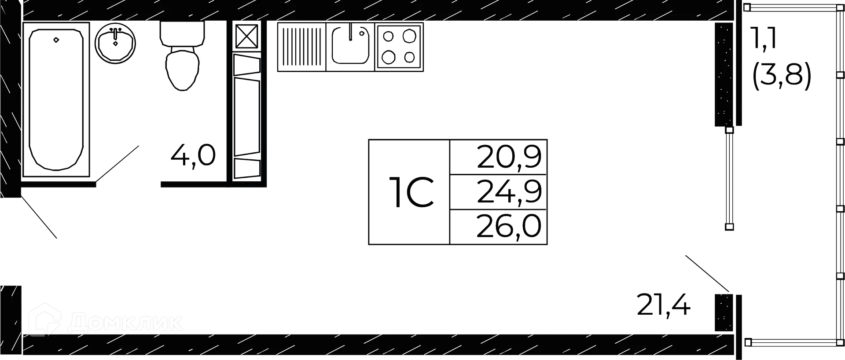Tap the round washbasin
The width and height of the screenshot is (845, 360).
115,43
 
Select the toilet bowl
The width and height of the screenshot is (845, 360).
182,56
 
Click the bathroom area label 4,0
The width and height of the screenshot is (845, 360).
193,155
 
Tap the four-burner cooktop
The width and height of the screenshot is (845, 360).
399,47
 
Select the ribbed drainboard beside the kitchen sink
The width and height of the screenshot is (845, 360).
301,47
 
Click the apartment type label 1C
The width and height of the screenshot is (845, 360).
411,192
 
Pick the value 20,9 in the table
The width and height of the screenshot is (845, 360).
509,157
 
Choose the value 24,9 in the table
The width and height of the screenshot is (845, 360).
509,192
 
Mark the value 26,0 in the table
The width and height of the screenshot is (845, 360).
509,227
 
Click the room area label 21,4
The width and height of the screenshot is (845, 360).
664,305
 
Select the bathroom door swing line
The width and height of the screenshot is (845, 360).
117,163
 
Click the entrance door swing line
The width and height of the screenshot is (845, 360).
39,217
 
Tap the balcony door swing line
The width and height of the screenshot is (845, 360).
707,273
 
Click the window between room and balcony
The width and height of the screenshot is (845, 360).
729,179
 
